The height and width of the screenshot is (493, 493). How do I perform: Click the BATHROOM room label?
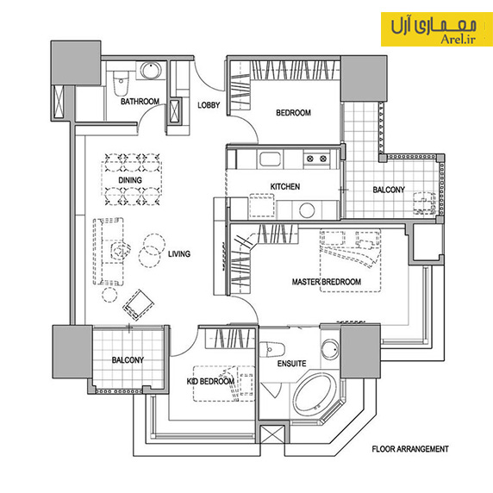click(140, 102)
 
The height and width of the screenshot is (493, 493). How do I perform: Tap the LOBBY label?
click(209, 105)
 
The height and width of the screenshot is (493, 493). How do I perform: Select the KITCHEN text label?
click(285, 187)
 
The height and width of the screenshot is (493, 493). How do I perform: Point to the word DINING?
click(130, 180)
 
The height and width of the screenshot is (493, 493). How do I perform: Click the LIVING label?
click(179, 254)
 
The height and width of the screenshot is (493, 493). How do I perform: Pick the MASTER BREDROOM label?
click(327, 282)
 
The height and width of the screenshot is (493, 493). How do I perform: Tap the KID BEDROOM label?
click(210, 381)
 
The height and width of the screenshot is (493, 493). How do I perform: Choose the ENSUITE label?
click(291, 364)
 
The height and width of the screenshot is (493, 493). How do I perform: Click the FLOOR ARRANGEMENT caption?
click(410, 449)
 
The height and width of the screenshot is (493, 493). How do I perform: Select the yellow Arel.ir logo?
click(437, 29)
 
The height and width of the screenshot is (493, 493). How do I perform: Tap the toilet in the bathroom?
click(121, 84)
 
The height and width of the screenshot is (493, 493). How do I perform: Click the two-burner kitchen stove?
click(316, 159)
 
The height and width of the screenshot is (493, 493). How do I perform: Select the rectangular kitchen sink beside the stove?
click(270, 159)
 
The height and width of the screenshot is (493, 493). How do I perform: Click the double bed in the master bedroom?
click(350, 261)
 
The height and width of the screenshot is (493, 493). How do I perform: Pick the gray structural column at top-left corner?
click(76, 63)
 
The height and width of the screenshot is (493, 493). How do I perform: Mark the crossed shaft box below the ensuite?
click(272, 434)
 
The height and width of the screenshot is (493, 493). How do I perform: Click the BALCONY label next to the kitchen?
click(389, 190)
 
